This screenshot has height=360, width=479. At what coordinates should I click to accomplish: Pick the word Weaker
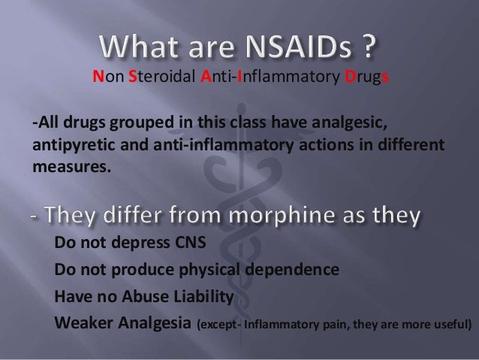(81, 322)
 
